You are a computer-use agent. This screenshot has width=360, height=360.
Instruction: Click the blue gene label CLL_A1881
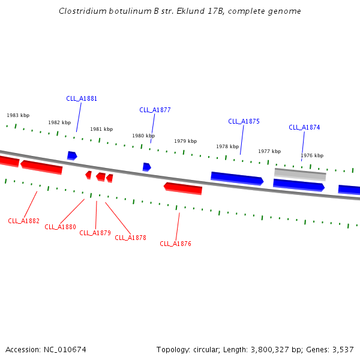pyautogui.click(x=82, y=98)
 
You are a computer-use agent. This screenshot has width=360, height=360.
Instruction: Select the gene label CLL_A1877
pyautogui.click(x=155, y=110)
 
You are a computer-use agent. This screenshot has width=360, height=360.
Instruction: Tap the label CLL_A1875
pyautogui.click(x=244, y=121)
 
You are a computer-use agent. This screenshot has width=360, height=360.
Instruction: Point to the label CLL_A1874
pyautogui.click(x=304, y=127)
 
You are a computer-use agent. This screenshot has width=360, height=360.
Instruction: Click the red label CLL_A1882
pyautogui.click(x=23, y=221)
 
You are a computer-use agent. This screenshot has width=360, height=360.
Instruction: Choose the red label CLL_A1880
pyautogui.click(x=60, y=227)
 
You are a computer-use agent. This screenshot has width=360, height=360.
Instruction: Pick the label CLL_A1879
pyautogui.click(x=95, y=233)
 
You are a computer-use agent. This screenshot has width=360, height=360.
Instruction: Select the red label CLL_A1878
pyautogui.click(x=130, y=238)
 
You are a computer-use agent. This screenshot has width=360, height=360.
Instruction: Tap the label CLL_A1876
pyautogui.click(x=175, y=244)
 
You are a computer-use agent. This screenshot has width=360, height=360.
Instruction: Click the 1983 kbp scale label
pyautogui.click(x=18, y=115)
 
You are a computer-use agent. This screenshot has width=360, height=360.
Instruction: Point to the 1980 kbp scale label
pyautogui.click(x=143, y=136)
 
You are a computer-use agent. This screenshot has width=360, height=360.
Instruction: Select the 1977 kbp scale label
pyautogui.click(x=269, y=151)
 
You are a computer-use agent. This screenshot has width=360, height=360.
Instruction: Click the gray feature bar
pyautogui.click(x=300, y=175)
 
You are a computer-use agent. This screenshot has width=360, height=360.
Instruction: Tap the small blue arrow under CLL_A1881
pyautogui.click(x=72, y=155)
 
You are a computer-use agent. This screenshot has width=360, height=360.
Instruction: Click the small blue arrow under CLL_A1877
pyautogui.click(x=147, y=167)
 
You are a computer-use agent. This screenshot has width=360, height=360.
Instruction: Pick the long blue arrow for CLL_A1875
pyautogui.click(x=237, y=178)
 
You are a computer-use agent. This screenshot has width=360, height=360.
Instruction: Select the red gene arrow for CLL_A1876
pyautogui.click(x=183, y=188)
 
